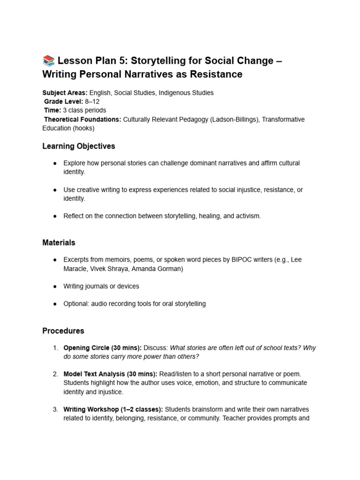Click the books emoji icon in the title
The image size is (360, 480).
click(48, 60)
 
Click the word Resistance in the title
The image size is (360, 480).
click(214, 74)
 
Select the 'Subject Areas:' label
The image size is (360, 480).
click(65, 93)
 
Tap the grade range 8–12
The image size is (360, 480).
click(92, 102)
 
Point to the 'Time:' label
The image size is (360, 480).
click(52, 111)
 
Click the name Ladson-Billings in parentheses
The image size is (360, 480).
click(233, 120)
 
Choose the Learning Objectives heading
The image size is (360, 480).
click(78, 146)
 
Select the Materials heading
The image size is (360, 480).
click(59, 243)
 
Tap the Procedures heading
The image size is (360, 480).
click(63, 330)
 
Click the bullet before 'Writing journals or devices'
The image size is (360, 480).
click(55, 286)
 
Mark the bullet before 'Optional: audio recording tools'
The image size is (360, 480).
click(55, 304)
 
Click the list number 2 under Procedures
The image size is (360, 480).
click(55, 374)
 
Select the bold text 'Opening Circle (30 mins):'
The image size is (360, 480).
click(102, 348)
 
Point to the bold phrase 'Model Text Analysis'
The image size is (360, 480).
click(94, 374)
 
